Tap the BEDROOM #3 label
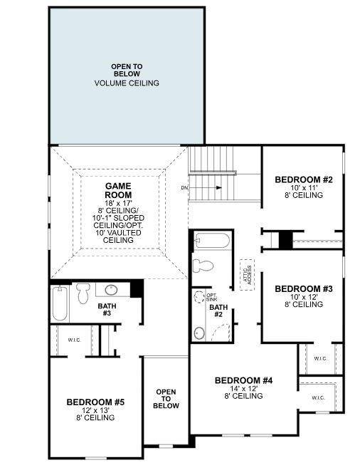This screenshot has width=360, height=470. click(x=304, y=288)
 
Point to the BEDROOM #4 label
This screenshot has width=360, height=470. click(x=243, y=380)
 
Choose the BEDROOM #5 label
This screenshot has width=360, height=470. click(x=95, y=402)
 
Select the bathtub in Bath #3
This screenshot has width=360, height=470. click(x=59, y=302)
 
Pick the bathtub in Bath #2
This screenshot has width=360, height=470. click(x=211, y=241)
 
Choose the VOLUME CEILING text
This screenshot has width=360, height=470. click(x=127, y=83)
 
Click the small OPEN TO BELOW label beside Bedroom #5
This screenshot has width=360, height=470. click(x=166, y=399)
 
